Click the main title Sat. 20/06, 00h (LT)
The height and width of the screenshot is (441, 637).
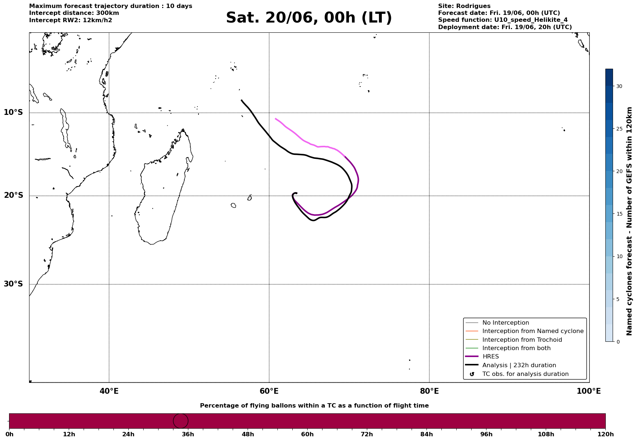tap(309, 18)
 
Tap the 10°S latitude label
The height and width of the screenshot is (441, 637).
tap(13, 112)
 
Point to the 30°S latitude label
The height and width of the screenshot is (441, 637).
tap(13, 284)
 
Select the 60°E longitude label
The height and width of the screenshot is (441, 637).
tap(269, 391)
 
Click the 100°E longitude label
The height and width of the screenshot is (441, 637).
tap(589, 391)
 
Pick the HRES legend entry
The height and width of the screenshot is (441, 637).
tap(490, 357)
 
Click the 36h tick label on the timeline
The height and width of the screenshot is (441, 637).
tap(188, 434)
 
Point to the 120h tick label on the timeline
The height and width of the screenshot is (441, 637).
tap(605, 434)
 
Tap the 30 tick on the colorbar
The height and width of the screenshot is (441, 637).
tap(619, 86)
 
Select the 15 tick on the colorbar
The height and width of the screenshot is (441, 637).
tap(619, 214)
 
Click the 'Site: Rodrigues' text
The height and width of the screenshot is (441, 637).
tap(464, 6)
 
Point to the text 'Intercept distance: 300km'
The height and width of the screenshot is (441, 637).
tap(74, 13)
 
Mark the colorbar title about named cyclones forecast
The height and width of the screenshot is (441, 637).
tap(629, 221)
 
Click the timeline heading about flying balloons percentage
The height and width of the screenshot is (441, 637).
tap(314, 406)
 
